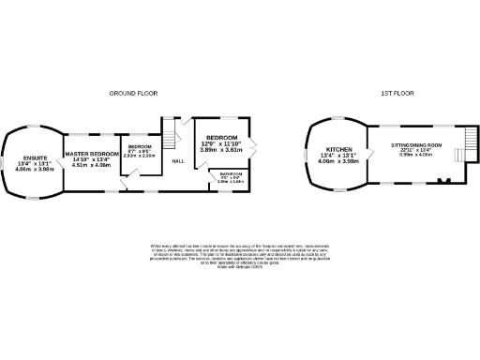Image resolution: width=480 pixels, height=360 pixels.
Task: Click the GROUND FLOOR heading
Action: [x=133, y=94]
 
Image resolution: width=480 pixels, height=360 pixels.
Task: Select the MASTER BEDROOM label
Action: [x=92, y=153]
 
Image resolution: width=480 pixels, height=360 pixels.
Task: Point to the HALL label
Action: [x=177, y=160]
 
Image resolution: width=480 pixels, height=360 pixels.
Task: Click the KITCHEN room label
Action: [x=338, y=150]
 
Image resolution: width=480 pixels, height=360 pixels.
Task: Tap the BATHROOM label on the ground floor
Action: [x=231, y=173]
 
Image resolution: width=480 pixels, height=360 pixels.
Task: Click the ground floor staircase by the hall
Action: [x=171, y=132]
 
